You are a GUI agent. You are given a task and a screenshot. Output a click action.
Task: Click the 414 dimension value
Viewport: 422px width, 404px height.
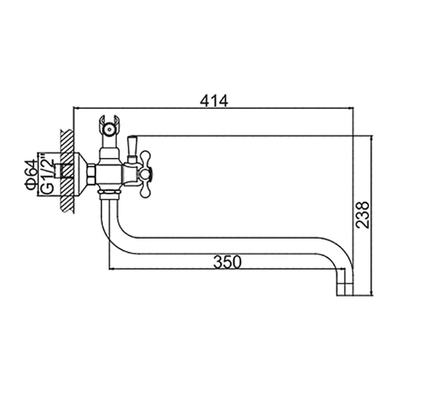point(214,101)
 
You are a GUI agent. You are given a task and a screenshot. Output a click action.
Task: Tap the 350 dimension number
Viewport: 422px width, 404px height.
point(227,262)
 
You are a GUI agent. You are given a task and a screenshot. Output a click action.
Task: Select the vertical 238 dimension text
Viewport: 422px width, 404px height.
point(362,215)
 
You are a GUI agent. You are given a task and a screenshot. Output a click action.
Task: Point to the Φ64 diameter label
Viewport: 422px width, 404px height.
point(30,175)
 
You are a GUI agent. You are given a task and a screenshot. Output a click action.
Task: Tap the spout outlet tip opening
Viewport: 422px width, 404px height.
point(345,295)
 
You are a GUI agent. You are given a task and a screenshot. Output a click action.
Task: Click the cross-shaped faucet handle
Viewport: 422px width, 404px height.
point(145,175)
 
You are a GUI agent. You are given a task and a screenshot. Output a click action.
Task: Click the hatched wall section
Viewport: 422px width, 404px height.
point(67,171)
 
